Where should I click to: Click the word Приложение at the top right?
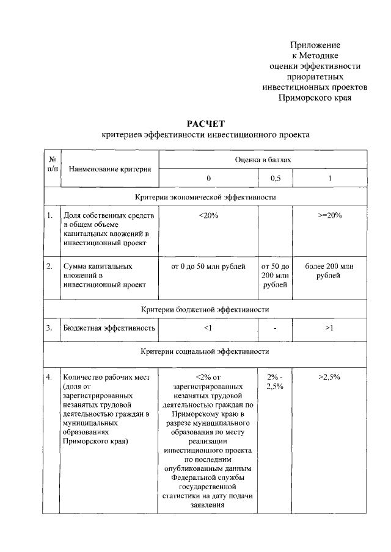tap(315, 45)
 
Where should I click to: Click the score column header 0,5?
tap(275, 178)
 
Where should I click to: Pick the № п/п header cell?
tap(52, 163)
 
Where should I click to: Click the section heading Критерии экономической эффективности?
tap(205, 197)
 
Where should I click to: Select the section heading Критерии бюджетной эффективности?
tap(205, 309)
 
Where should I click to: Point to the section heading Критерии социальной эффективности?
tap(205, 351)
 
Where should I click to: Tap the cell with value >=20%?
tap(329, 216)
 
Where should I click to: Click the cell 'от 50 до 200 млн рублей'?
tap(275, 276)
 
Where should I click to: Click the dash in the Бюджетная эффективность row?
tap(275, 329)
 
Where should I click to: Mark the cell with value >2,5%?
tap(329, 378)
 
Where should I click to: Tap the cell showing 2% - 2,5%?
tap(275, 382)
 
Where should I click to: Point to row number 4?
tap(49, 378)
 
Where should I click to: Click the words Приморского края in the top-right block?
tap(315, 97)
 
